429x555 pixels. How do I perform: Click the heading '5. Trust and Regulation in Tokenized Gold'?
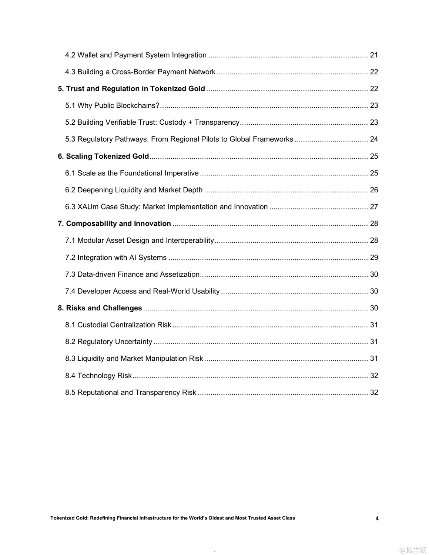tap(131, 89)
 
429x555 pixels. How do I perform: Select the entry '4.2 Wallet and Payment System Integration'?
tap(136, 55)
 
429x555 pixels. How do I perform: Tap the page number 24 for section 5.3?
tap(374, 139)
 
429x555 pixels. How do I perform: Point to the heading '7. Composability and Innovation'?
tap(114, 223)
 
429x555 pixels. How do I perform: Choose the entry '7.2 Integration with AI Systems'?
tap(116, 258)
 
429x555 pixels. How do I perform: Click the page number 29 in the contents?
tap(374, 258)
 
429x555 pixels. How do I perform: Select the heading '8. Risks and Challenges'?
tap(100, 308)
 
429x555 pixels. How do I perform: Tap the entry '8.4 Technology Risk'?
tap(98, 376)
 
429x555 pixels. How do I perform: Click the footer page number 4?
tap(377, 518)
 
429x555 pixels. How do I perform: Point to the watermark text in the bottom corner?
tap(412, 550)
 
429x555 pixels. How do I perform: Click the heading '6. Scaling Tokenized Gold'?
tap(103, 156)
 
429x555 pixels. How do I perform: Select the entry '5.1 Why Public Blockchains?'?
tap(112, 105)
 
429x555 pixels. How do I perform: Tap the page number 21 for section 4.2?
tap(374, 55)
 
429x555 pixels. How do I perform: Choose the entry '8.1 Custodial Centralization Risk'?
tap(118, 325)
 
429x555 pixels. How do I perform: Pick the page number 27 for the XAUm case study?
tap(374, 207)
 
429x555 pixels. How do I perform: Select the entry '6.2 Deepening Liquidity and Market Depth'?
tap(134, 190)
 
